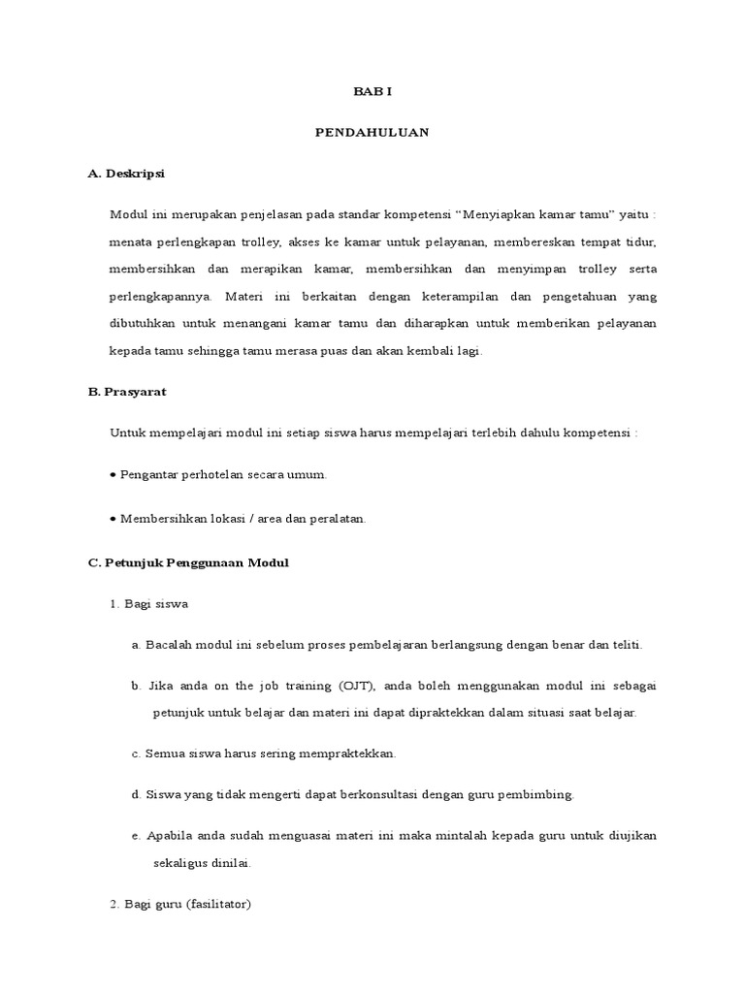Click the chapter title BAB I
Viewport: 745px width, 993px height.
tap(372, 91)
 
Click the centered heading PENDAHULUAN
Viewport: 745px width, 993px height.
tap(372, 133)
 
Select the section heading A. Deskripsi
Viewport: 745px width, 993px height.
tap(126, 174)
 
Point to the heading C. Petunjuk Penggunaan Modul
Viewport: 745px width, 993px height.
tap(188, 562)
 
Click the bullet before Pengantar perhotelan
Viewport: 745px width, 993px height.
tap(113, 475)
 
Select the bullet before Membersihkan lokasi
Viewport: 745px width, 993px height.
tap(113, 519)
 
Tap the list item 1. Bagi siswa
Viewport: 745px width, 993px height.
tap(149, 603)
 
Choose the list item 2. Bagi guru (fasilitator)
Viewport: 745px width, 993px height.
tap(180, 904)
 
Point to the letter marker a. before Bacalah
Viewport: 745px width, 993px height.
tap(136, 644)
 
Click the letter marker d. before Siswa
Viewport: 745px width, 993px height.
tap(136, 794)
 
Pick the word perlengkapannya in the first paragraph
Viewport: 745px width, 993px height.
tap(165, 297)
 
